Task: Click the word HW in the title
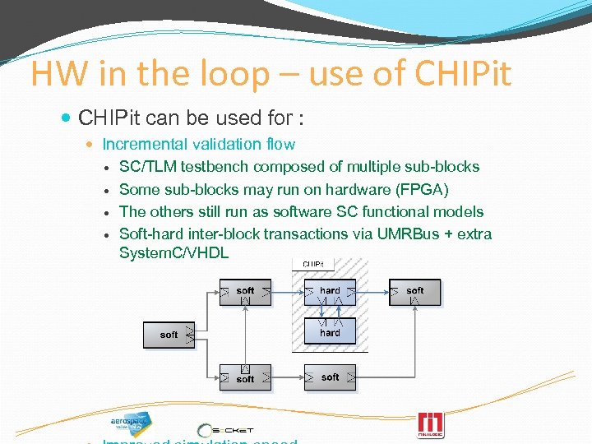pyautogui.click(x=58, y=73)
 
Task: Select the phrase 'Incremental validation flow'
pyautogui.click(x=198, y=144)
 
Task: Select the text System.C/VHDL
pyautogui.click(x=173, y=252)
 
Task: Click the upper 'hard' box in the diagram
pyautogui.click(x=330, y=292)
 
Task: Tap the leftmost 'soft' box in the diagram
pyautogui.click(x=169, y=335)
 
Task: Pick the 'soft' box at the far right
pyautogui.click(x=415, y=292)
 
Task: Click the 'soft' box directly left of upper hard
pyautogui.click(x=245, y=292)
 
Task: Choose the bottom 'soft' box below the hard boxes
pyautogui.click(x=330, y=377)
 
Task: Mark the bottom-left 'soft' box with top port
pyautogui.click(x=245, y=377)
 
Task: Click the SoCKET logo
pyautogui.click(x=226, y=429)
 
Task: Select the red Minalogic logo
pyautogui.click(x=430, y=424)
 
